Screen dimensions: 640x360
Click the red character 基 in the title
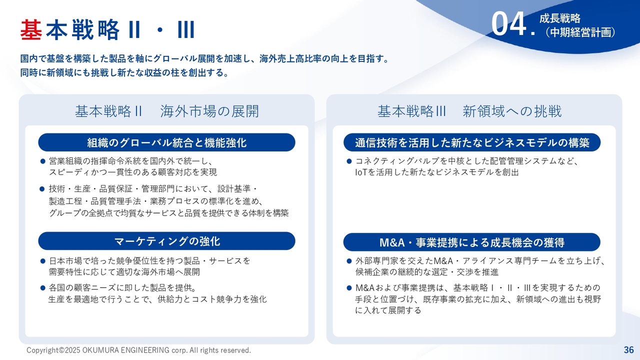tap(31, 29)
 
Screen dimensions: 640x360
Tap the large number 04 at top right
tap(509, 24)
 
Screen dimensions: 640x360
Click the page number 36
tap(629, 349)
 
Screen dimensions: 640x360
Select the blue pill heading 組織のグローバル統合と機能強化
tap(166, 142)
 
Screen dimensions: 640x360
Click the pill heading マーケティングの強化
tap(166, 241)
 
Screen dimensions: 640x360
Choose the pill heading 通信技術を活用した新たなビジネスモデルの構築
tap(472, 142)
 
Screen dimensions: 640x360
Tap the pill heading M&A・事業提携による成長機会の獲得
tap(472, 242)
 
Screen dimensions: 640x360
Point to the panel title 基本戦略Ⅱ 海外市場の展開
tap(167, 111)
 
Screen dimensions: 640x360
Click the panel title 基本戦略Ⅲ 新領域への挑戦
tap(469, 111)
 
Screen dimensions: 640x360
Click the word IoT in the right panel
tap(361, 172)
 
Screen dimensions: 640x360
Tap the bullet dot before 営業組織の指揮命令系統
tap(43, 161)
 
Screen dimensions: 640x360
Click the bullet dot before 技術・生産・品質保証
tap(42, 189)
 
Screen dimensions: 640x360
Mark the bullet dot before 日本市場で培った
tap(43, 261)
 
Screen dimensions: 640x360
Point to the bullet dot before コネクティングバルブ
tap(349, 161)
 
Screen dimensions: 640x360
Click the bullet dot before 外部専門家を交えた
tap(349, 261)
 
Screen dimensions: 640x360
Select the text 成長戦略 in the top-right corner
tap(559, 18)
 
